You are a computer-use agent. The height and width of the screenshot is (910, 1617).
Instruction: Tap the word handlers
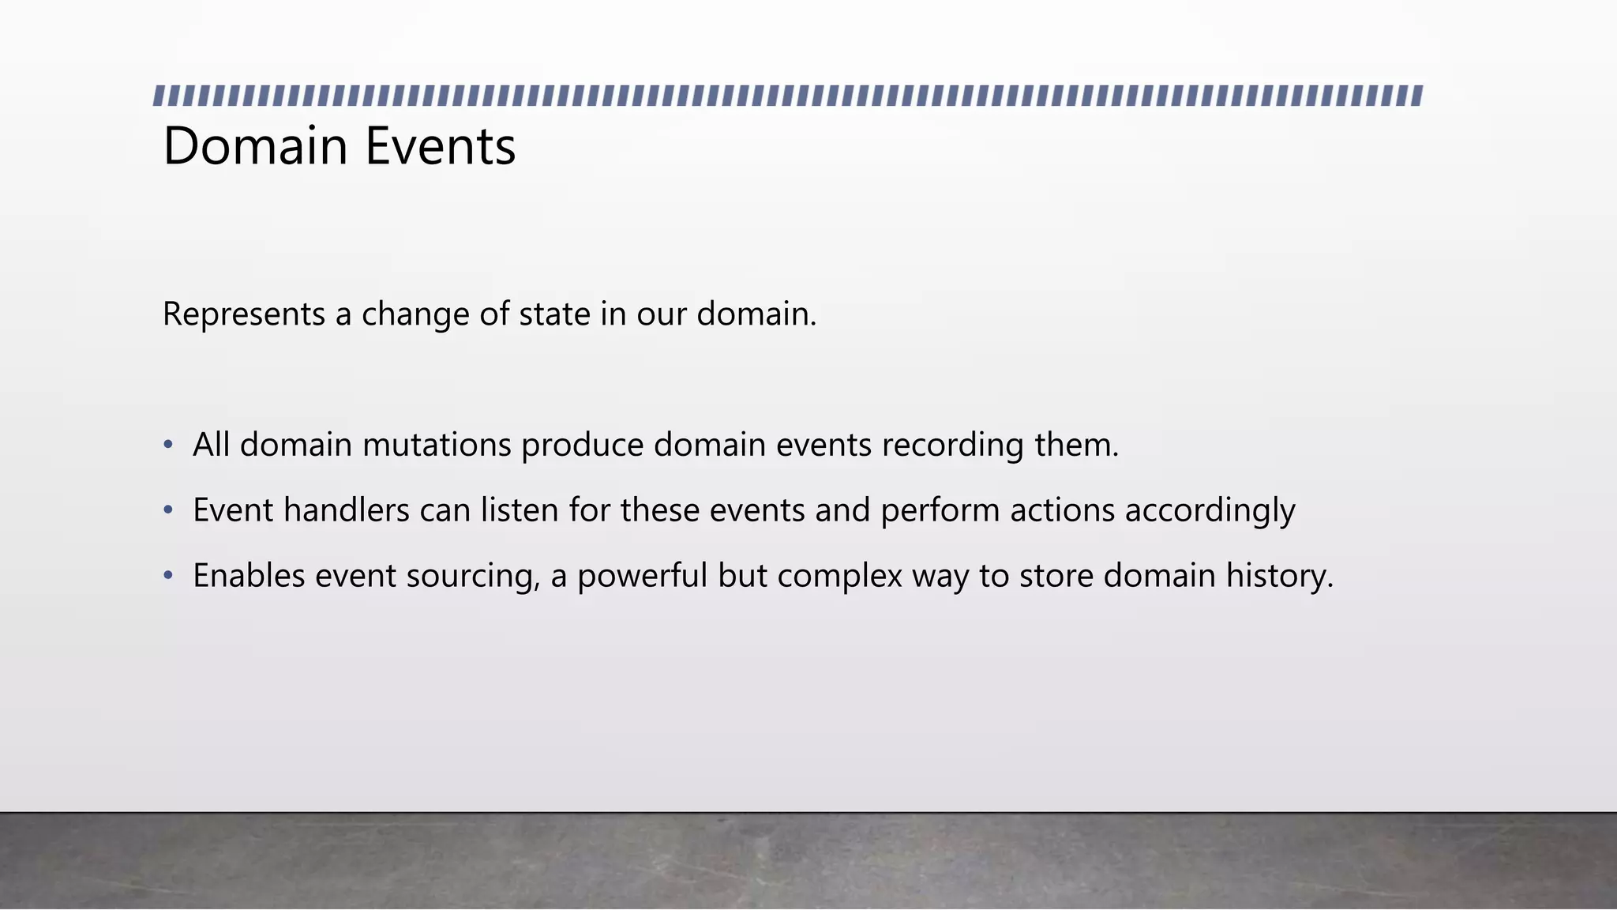click(346, 510)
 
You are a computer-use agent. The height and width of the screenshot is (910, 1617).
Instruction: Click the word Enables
click(249, 576)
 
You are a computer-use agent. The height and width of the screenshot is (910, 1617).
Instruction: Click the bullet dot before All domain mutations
click(167, 445)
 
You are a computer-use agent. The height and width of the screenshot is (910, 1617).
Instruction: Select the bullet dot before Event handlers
click(167, 510)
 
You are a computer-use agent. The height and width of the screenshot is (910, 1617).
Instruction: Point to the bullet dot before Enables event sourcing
click(167, 576)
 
